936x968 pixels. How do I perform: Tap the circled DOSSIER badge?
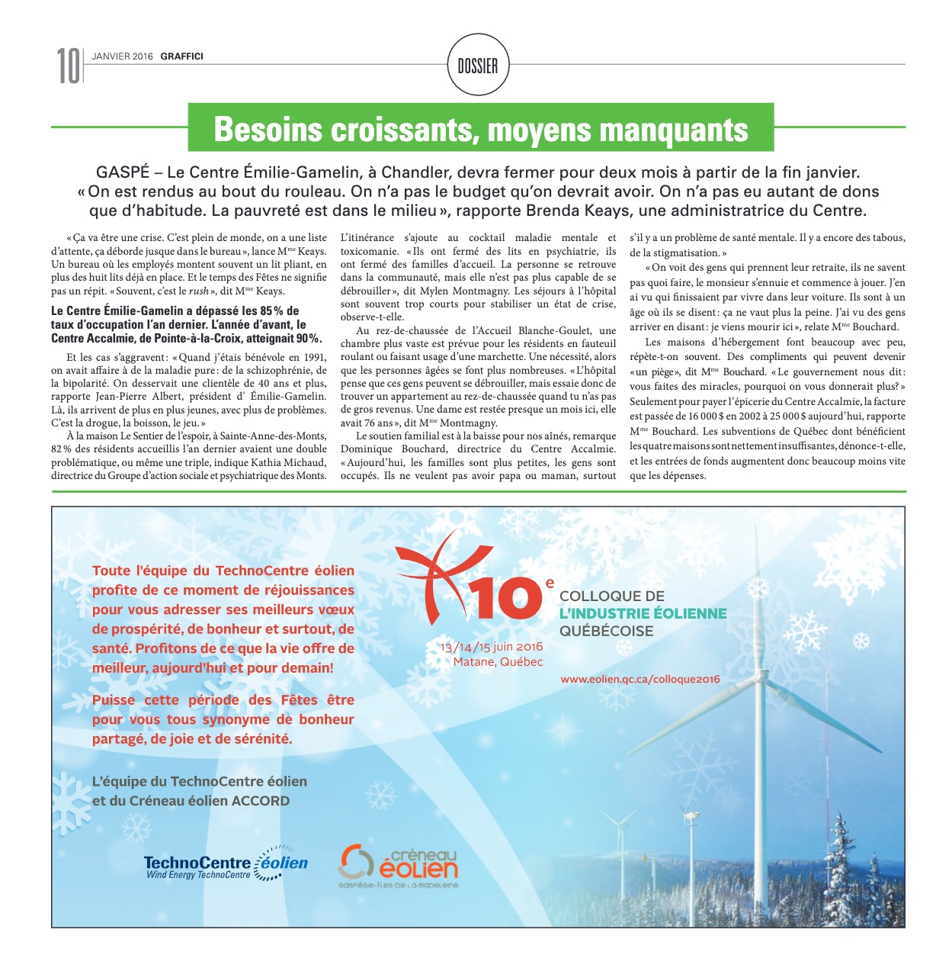pos(478,66)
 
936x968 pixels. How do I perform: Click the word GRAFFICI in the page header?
pos(181,56)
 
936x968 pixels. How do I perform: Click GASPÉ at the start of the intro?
pos(123,172)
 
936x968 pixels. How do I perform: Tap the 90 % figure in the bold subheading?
pos(309,338)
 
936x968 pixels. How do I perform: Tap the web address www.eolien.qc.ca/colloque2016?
pos(639,679)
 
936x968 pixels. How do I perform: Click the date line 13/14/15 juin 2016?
pos(492,647)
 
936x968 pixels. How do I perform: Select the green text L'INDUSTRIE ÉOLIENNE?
pos(643,613)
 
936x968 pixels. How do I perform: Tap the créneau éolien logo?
pos(398,865)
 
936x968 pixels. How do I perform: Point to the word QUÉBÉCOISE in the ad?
pos(606,631)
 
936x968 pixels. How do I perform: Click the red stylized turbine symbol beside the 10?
pos(434,574)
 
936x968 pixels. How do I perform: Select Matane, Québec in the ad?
pos(498,661)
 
